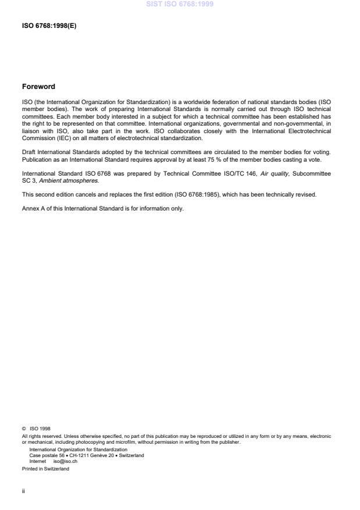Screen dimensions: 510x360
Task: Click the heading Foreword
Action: tap(38, 87)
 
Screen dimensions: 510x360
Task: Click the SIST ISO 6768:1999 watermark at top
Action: tap(180, 4)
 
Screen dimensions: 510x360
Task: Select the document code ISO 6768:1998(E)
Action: tap(49, 25)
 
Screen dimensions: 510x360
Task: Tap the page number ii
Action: tap(23, 490)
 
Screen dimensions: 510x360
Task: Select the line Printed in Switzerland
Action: tap(45, 469)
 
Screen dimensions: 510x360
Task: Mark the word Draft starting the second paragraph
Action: tap(29, 152)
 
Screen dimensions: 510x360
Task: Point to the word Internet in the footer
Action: tap(38, 461)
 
